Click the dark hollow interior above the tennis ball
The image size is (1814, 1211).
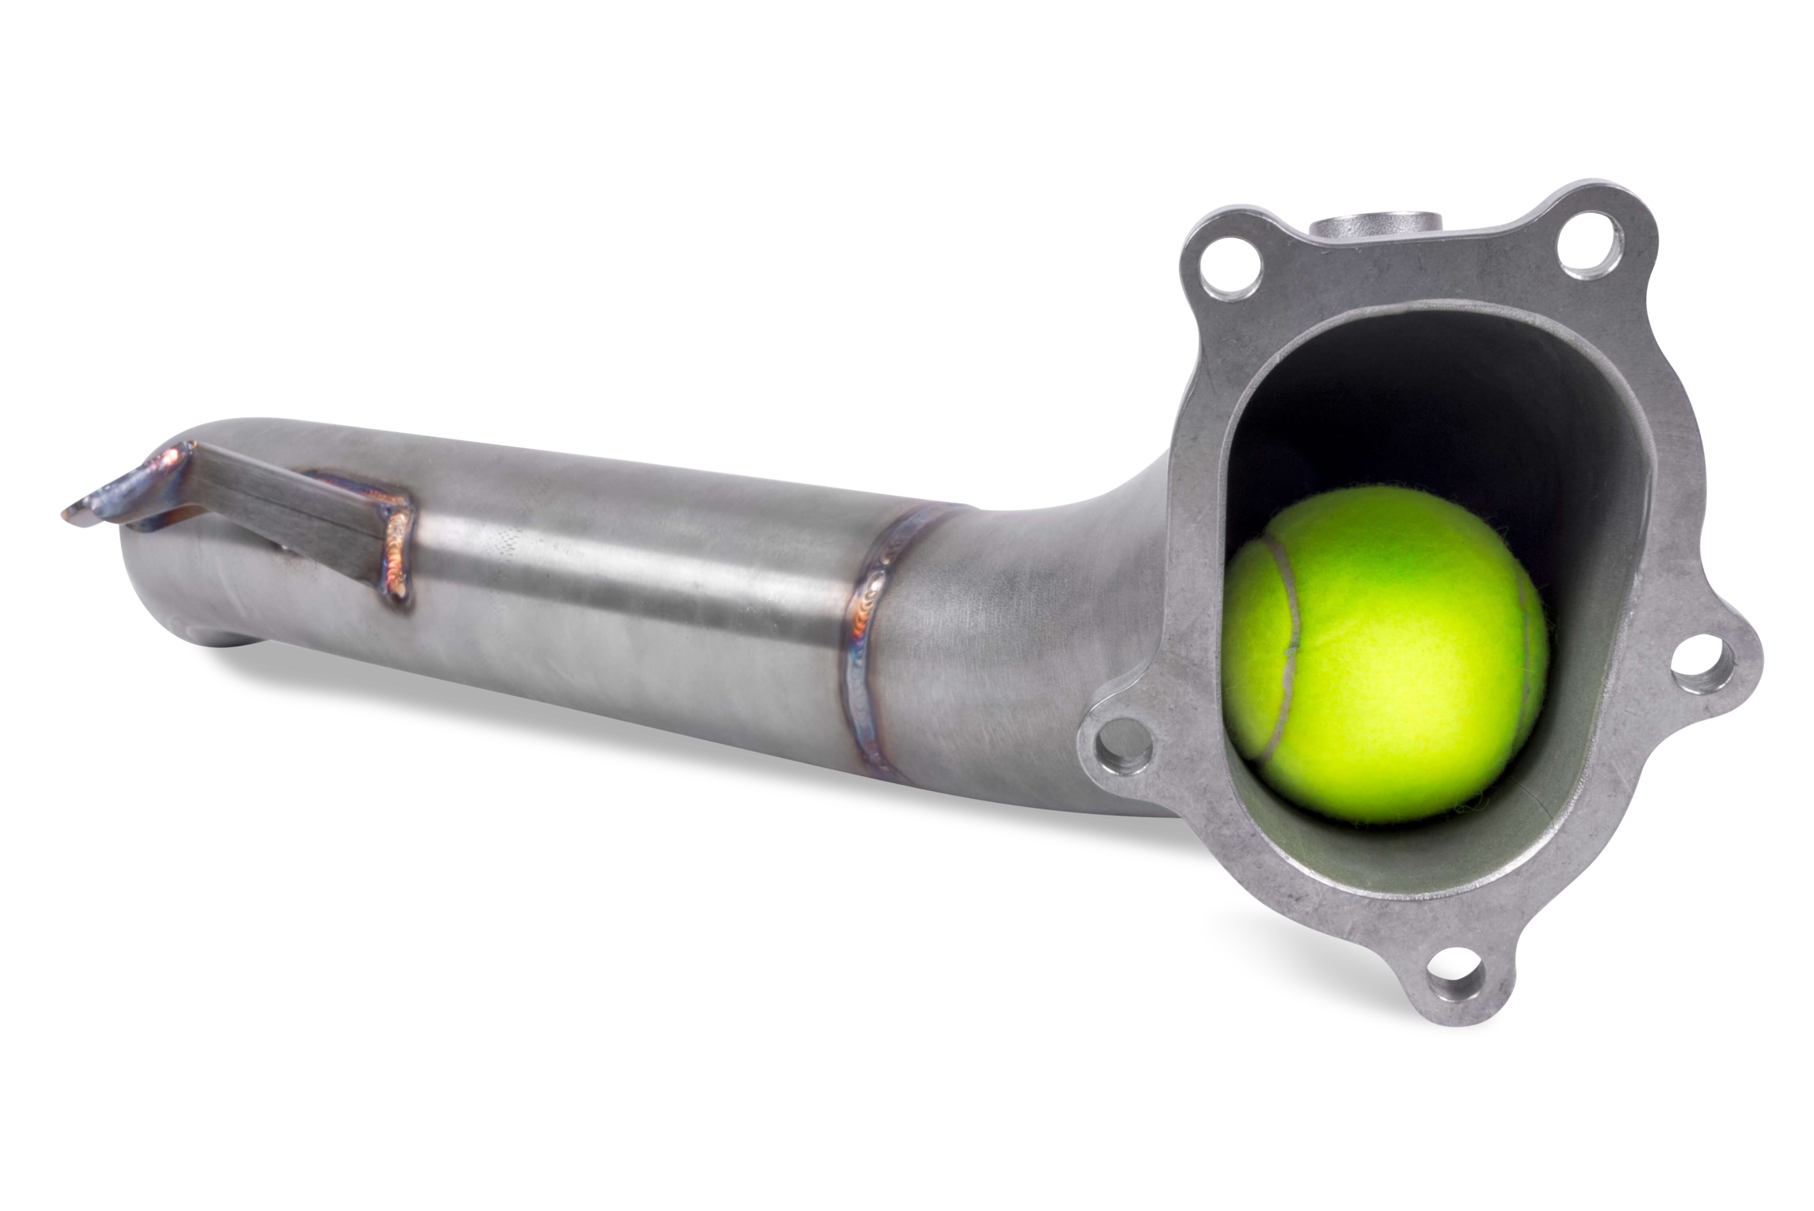pos(1432,414)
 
